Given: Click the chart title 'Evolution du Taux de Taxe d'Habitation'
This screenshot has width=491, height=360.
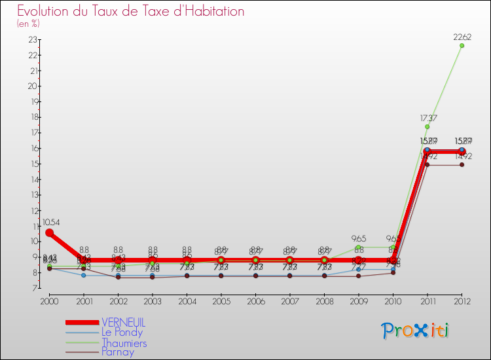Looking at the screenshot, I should coord(131,12).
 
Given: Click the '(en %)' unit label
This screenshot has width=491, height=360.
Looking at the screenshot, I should coord(28,24).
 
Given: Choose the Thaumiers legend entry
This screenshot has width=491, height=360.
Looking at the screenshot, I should coord(124,342).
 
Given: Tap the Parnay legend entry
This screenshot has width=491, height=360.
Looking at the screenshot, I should coord(118,352).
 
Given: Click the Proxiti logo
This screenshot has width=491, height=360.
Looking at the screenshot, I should coord(416,331).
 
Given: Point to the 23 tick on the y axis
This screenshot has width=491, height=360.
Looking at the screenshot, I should coord(33,40).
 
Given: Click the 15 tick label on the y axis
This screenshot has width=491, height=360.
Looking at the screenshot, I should coord(33,164).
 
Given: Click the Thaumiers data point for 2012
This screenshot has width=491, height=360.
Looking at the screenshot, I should coord(462,46).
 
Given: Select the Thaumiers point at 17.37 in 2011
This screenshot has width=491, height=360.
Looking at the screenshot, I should coord(427,126).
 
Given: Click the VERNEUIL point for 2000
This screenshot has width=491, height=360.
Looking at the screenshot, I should coord(49,233).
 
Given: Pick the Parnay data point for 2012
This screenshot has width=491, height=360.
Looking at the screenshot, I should coord(462,165).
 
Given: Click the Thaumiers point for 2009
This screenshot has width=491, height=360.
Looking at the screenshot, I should coord(359,247).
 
